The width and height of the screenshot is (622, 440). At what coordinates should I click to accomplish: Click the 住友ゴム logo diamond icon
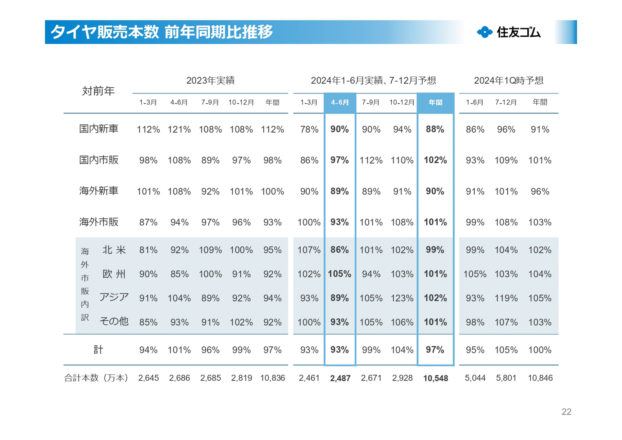pos(485,32)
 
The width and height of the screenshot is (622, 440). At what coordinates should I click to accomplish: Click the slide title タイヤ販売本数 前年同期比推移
pos(162,32)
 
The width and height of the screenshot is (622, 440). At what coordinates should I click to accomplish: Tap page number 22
pos(566,411)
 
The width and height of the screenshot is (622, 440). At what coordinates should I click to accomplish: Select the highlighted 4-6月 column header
pos(340,102)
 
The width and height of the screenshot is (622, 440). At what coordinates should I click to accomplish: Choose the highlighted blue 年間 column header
pos(435,102)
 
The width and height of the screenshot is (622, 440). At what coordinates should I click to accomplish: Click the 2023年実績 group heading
pos(210,80)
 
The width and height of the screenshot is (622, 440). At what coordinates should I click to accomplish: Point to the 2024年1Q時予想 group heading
pos(509,80)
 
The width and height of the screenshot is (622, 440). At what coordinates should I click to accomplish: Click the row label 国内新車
pos(98,129)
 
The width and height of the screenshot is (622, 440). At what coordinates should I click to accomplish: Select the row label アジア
pos(114,297)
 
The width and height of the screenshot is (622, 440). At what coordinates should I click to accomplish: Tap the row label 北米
pos(114,250)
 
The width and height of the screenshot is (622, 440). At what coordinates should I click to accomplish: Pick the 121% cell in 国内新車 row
pos(179,130)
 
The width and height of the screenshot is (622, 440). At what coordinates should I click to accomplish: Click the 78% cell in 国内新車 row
pos(309,130)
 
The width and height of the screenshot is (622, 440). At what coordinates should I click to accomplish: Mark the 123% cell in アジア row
pos(402,298)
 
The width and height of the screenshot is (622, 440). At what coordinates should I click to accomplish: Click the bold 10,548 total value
pos(435,378)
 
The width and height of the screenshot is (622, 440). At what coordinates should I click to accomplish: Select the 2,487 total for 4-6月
pos(340,378)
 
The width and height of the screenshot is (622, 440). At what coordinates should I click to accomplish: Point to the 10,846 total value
pos(540,378)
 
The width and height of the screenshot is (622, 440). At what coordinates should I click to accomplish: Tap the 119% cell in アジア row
pos(506,298)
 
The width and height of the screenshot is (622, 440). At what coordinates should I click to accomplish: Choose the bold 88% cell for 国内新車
pos(435,129)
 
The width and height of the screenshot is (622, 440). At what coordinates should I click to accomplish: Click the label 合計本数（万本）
pos(96,378)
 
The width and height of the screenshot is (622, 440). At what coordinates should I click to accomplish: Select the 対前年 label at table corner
pos(98,91)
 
